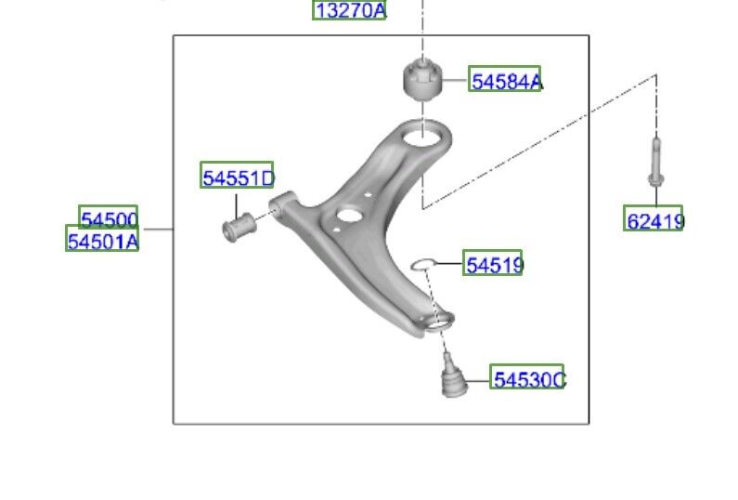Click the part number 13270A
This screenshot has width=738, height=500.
[x=350, y=10]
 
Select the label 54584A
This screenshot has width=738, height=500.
[x=505, y=81]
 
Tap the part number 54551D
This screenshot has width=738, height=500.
[x=237, y=176]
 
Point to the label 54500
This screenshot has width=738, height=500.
[x=109, y=218]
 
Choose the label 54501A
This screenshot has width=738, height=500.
[x=102, y=241]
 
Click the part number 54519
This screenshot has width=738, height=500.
[x=493, y=265]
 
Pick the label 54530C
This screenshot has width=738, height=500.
[x=527, y=378]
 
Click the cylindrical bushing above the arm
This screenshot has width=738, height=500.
[x=422, y=78]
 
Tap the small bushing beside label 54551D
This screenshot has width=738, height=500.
[x=240, y=225]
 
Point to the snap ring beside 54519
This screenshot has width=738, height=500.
[x=423, y=265]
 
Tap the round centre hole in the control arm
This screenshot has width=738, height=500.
[x=348, y=216]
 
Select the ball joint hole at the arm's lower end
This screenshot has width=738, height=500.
[x=439, y=322]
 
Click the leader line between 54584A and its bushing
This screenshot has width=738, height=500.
[x=455, y=81]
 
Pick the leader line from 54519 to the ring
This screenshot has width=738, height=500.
[x=450, y=265]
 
